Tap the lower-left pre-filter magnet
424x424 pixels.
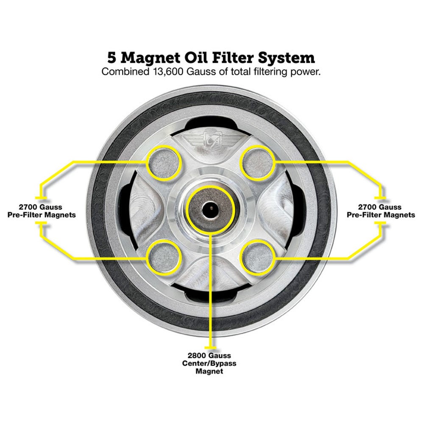165,256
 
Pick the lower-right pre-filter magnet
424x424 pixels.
257,256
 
